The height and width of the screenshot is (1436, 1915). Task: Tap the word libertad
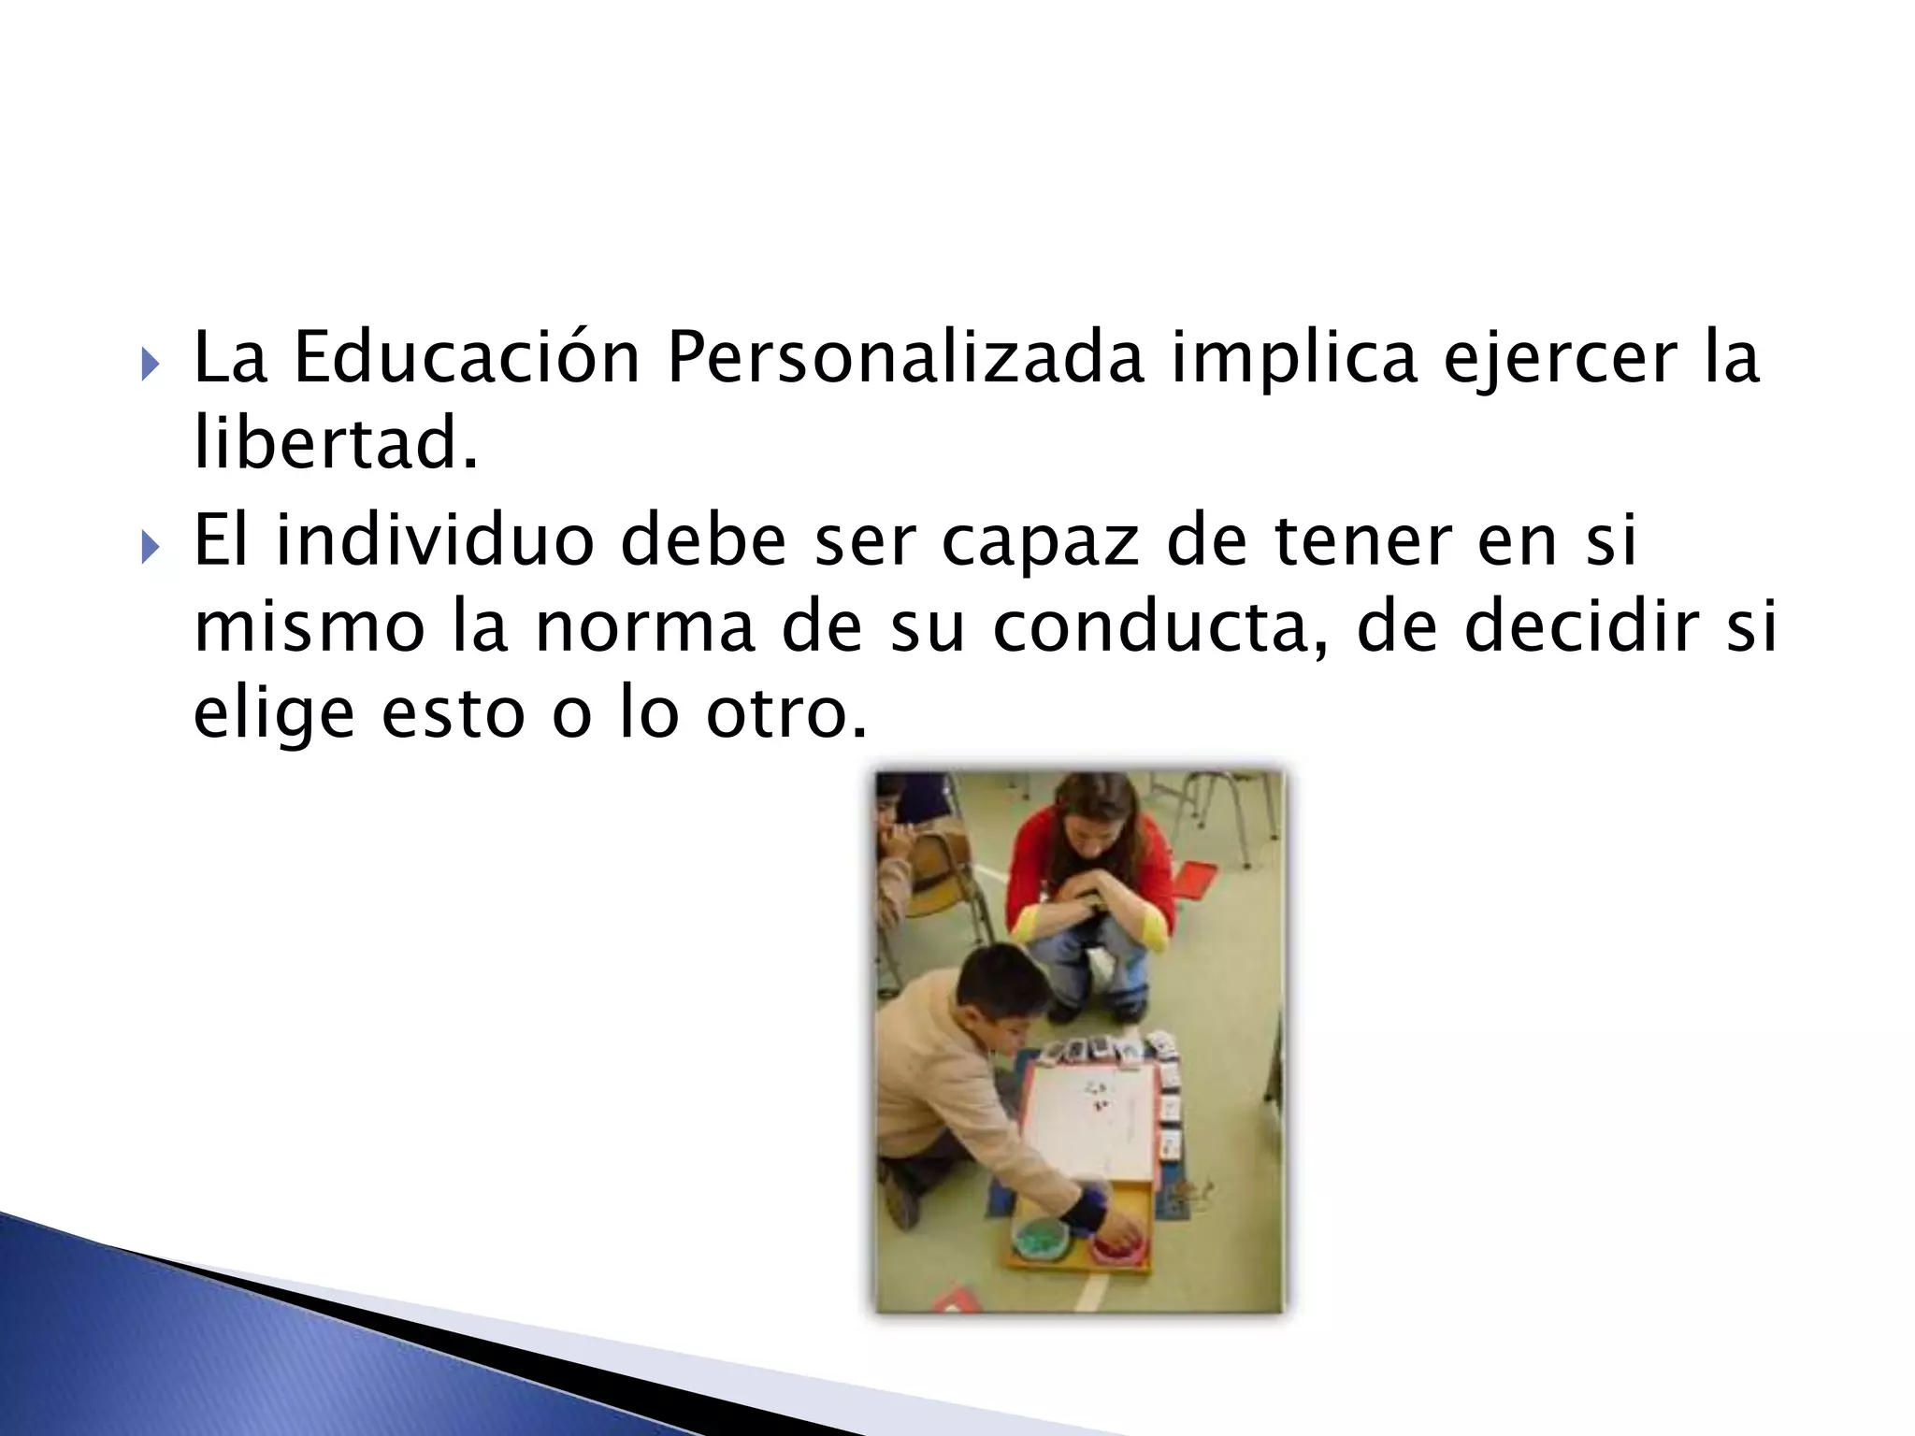coord(335,443)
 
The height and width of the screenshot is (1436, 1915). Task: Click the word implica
coord(1293,359)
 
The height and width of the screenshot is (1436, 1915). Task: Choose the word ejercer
coord(1562,359)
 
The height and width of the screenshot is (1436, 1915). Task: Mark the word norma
coord(644,628)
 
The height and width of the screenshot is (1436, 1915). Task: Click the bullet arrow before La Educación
coord(151,363)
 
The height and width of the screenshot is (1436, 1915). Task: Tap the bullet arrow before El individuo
coord(151,545)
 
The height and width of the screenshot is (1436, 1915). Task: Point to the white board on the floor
coord(1089,1121)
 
